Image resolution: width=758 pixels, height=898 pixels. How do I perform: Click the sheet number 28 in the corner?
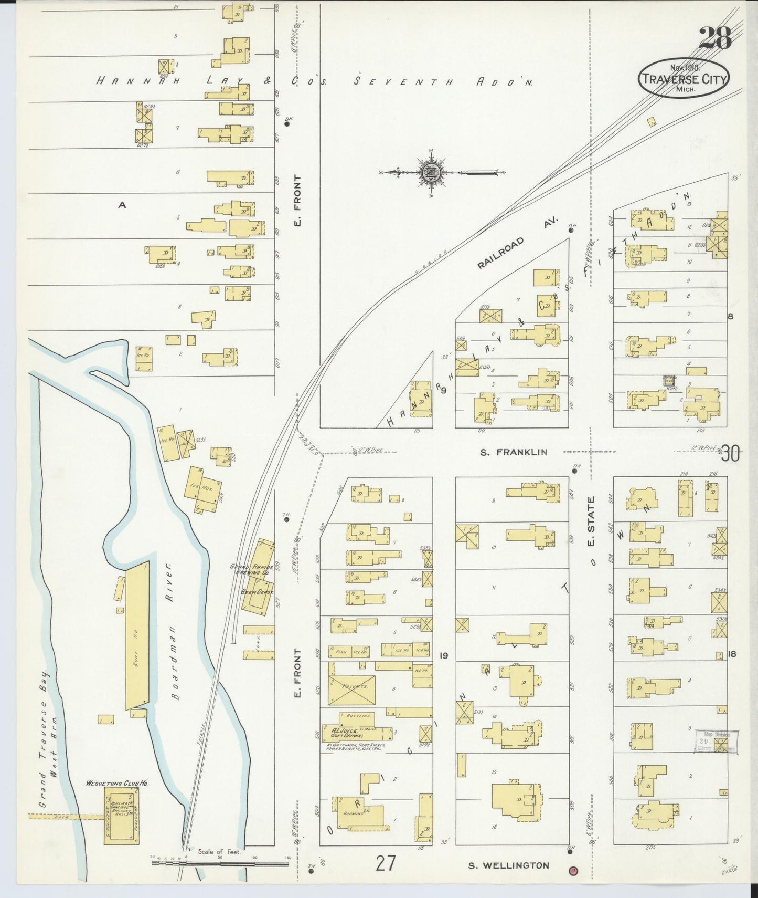(x=715, y=38)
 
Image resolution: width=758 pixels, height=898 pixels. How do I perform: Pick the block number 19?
(x=444, y=655)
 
